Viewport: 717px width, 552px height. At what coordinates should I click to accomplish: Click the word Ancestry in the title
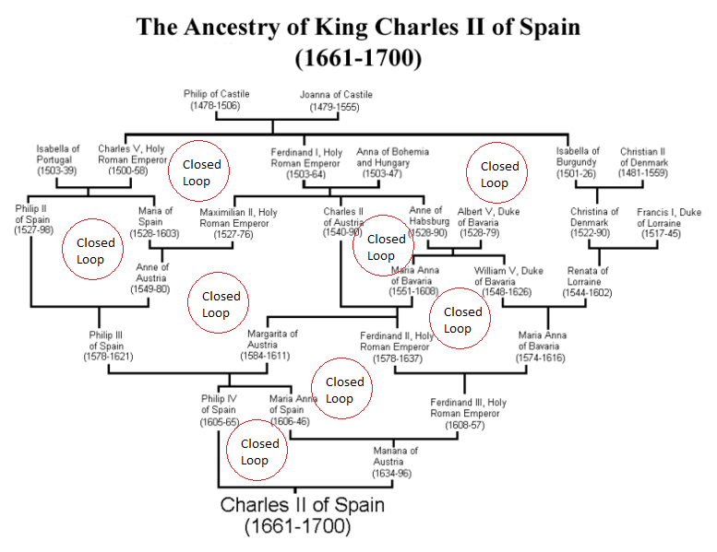point(232,28)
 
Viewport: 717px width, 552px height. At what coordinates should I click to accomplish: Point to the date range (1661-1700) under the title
point(358,58)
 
